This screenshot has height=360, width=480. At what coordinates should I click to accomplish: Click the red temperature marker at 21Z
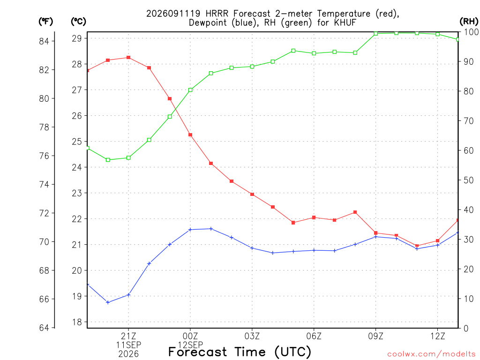tap(128, 58)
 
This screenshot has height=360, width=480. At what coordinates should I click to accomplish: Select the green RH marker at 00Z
tap(190, 90)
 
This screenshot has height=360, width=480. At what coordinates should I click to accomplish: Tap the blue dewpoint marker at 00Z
tap(190, 230)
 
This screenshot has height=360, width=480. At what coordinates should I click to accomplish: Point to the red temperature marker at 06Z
tap(314, 217)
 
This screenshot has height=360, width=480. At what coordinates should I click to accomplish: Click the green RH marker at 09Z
tap(375, 34)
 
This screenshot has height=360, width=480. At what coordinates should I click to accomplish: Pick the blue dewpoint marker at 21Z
tap(128, 295)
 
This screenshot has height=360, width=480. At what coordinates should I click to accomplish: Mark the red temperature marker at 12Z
tap(437, 241)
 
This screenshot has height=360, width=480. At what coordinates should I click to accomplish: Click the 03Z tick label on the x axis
tap(252, 336)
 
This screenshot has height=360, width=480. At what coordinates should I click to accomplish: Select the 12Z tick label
tap(437, 336)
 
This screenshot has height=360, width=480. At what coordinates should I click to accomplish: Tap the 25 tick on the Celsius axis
tap(77, 142)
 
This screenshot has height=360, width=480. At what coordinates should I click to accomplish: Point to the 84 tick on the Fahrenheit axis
tap(44, 41)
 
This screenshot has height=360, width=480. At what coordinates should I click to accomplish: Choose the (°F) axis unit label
tap(46, 22)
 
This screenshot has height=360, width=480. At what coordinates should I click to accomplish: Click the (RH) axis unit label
tap(469, 22)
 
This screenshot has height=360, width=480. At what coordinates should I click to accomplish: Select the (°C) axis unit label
tap(79, 22)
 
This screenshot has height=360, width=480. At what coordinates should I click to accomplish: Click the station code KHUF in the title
tap(345, 22)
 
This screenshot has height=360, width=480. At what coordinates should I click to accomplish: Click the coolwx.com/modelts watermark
tap(431, 354)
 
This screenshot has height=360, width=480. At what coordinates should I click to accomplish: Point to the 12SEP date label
tap(190, 345)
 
